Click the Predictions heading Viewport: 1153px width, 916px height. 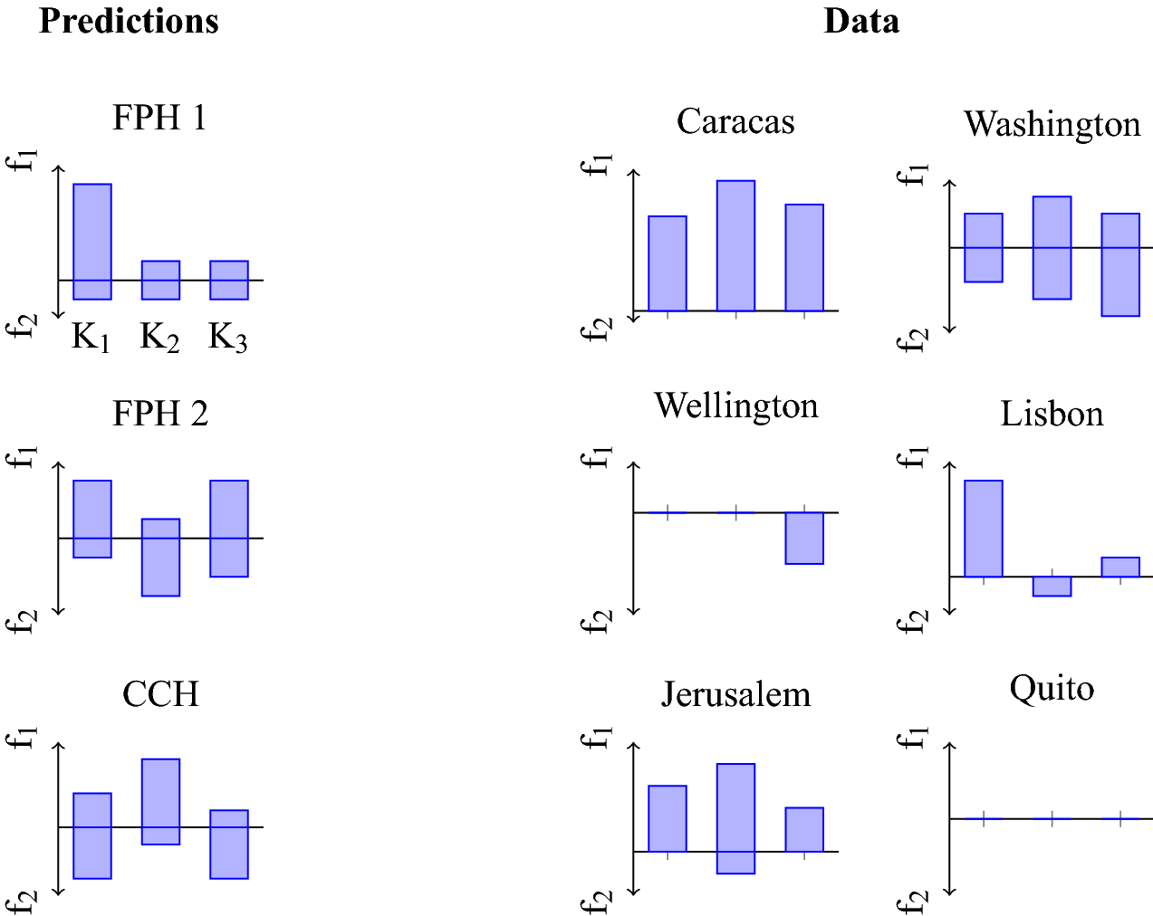129,21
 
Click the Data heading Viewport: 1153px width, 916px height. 860,21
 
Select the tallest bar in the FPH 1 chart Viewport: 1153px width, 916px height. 92,241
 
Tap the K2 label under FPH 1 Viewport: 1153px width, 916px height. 159,339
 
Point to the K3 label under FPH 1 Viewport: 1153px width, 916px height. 227,339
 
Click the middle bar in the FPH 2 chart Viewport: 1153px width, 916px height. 160,557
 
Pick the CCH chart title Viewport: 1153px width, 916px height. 160,694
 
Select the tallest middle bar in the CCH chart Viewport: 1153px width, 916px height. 160,801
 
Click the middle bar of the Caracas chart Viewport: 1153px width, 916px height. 735,245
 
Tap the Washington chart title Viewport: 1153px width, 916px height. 1052,124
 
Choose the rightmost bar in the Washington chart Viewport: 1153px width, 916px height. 1120,264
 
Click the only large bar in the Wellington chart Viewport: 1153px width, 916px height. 804,538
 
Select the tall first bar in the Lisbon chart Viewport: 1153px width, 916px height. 984,528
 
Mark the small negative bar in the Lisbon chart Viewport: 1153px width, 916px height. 1052,586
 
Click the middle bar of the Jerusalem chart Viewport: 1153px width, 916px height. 735,818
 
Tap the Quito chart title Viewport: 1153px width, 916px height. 1052,689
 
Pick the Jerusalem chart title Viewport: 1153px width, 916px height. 735,694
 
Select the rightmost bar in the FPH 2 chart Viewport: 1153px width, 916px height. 229,528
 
